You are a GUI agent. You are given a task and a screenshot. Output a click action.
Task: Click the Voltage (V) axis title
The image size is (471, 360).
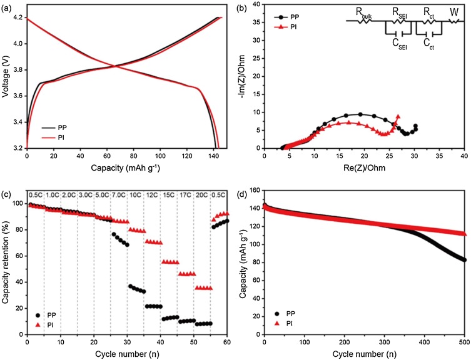pos(7,77)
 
